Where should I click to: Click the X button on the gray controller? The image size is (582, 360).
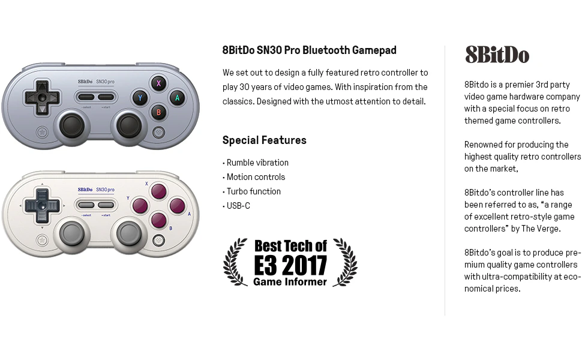[x=158, y=83]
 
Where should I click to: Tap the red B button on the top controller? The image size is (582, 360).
[x=158, y=112]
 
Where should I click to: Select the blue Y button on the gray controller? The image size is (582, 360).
[x=140, y=98]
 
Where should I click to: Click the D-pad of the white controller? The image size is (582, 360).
[x=42, y=206]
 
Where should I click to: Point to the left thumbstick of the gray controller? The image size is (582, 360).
[x=71, y=125]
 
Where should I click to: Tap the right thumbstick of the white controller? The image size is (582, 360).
[x=129, y=233]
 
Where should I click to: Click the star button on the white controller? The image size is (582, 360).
[x=42, y=240]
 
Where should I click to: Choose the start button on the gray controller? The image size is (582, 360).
[x=106, y=97]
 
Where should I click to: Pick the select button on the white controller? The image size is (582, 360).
[x=86, y=205]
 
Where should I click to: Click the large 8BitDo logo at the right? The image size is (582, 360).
[x=497, y=55]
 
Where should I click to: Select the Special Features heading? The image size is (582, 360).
[x=264, y=140]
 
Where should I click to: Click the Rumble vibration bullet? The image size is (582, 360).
[x=256, y=163]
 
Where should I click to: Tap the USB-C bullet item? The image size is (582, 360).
[x=236, y=206]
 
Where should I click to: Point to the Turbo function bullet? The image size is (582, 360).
[x=251, y=191]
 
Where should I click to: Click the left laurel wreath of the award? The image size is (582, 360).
[x=235, y=262]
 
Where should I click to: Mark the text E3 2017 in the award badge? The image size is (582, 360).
[x=290, y=265]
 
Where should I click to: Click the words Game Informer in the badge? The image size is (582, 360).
[x=290, y=281]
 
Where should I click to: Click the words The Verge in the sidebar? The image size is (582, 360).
[x=541, y=229]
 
